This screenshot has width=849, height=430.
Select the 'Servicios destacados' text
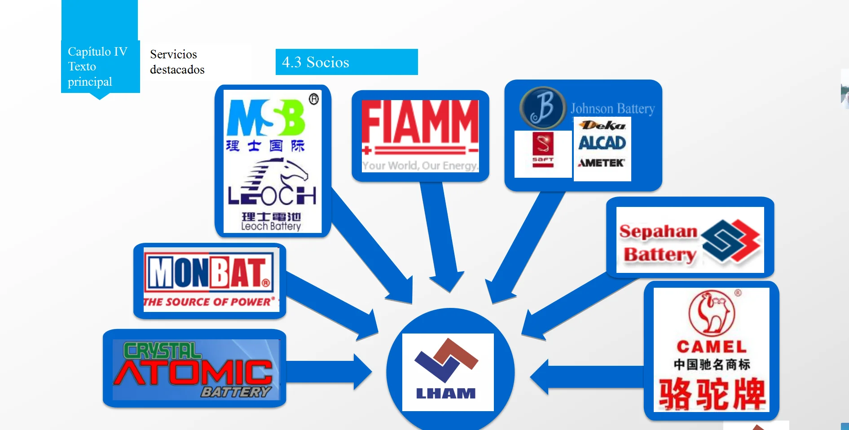(177, 62)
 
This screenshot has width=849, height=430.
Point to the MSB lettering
(266, 118)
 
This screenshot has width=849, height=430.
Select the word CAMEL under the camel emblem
(712, 347)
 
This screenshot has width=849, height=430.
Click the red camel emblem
(712, 312)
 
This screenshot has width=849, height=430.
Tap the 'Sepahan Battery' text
(659, 243)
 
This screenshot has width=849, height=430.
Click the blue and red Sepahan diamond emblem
(731, 241)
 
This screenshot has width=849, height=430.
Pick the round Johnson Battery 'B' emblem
(542, 108)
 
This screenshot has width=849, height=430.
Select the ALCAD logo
(602, 143)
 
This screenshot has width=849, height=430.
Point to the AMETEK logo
(602, 163)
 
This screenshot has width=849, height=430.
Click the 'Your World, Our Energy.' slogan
(420, 166)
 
